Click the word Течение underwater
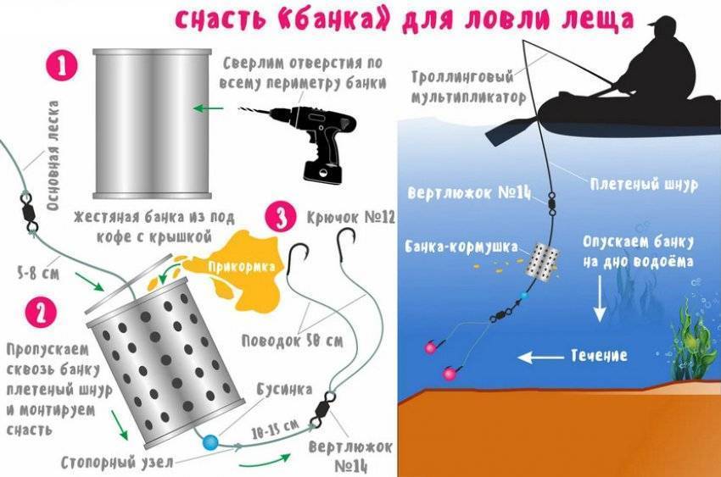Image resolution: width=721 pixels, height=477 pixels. (599, 355)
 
